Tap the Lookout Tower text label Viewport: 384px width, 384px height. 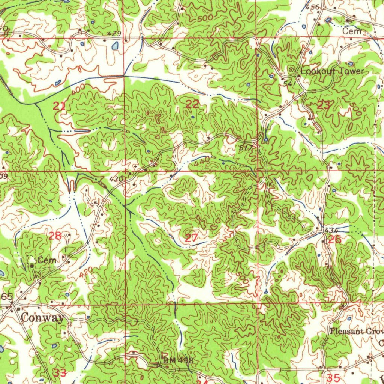[x=332, y=71]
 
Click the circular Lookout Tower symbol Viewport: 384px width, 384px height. [x=292, y=70]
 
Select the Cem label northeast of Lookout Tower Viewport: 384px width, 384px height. [x=352, y=32]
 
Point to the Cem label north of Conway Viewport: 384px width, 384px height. [x=47, y=260]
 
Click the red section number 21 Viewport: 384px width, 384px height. [x=59, y=106]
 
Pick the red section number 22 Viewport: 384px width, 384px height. [x=192, y=105]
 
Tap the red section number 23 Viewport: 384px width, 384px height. [x=323, y=105]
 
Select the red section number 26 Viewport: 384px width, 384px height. [x=334, y=240]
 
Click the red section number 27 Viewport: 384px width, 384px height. [x=191, y=238]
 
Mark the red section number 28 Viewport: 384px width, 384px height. [x=55, y=236]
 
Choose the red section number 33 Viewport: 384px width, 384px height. [x=60, y=373]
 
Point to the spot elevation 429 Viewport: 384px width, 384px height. [x=114, y=34]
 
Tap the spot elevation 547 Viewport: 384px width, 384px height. [x=290, y=84]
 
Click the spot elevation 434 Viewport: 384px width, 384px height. [x=331, y=230]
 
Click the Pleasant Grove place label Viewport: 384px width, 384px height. [x=357, y=331]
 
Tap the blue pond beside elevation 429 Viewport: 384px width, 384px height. [x=115, y=46]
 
